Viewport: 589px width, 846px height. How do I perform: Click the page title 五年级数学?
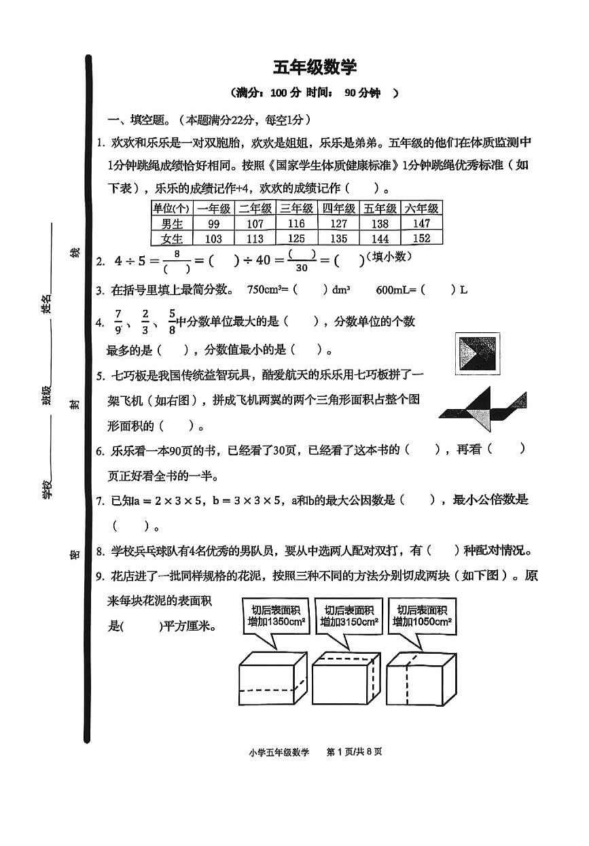[x=315, y=67]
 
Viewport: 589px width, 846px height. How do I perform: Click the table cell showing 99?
[x=214, y=224]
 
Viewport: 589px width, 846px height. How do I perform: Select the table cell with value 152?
[x=421, y=238]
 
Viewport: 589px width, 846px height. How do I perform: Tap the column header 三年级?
[x=297, y=209]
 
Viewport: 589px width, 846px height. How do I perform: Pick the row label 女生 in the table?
[x=173, y=238]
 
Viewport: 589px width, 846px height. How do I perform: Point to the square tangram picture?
[x=476, y=353]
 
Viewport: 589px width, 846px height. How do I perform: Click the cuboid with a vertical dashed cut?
[x=419, y=680]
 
